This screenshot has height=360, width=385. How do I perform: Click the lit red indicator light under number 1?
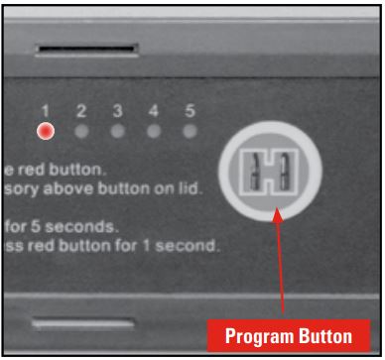45,130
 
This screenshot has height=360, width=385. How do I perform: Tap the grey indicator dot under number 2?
81,130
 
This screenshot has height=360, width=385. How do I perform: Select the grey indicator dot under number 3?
117,130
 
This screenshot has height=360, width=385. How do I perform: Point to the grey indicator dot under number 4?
153,130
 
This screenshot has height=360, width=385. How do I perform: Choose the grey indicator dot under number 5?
189,130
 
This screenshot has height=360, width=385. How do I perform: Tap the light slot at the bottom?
83,322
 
